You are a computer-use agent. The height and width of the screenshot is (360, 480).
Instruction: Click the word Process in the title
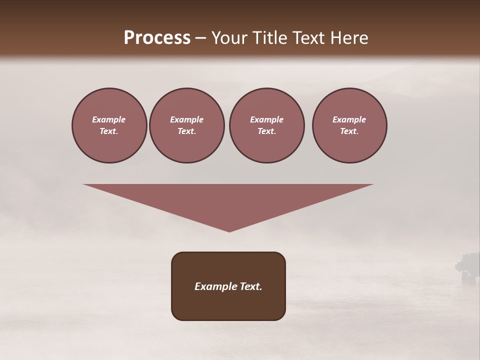coord(157,38)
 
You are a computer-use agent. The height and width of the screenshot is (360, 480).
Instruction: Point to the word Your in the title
coord(228,38)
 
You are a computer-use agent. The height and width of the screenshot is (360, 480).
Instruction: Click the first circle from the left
coord(109,125)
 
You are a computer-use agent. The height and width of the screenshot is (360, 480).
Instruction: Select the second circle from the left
coord(186,125)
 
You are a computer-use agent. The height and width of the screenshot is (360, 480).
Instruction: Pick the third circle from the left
coord(266,125)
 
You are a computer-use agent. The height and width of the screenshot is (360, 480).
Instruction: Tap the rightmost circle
coord(349,125)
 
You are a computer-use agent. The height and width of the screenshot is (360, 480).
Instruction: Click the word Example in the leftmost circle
coord(109,119)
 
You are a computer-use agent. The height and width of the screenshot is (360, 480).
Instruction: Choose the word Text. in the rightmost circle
coord(349,131)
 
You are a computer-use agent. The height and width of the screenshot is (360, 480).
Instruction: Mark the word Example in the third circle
coord(266,119)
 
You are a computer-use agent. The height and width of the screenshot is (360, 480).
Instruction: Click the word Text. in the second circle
coord(186,131)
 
